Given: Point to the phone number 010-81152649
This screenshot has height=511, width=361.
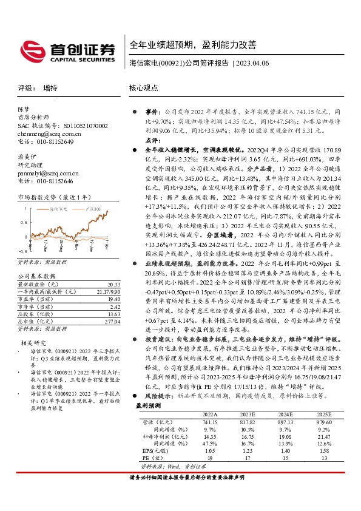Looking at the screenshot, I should coord(54,141).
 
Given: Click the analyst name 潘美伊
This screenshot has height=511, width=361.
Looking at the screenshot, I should coord(27,156).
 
